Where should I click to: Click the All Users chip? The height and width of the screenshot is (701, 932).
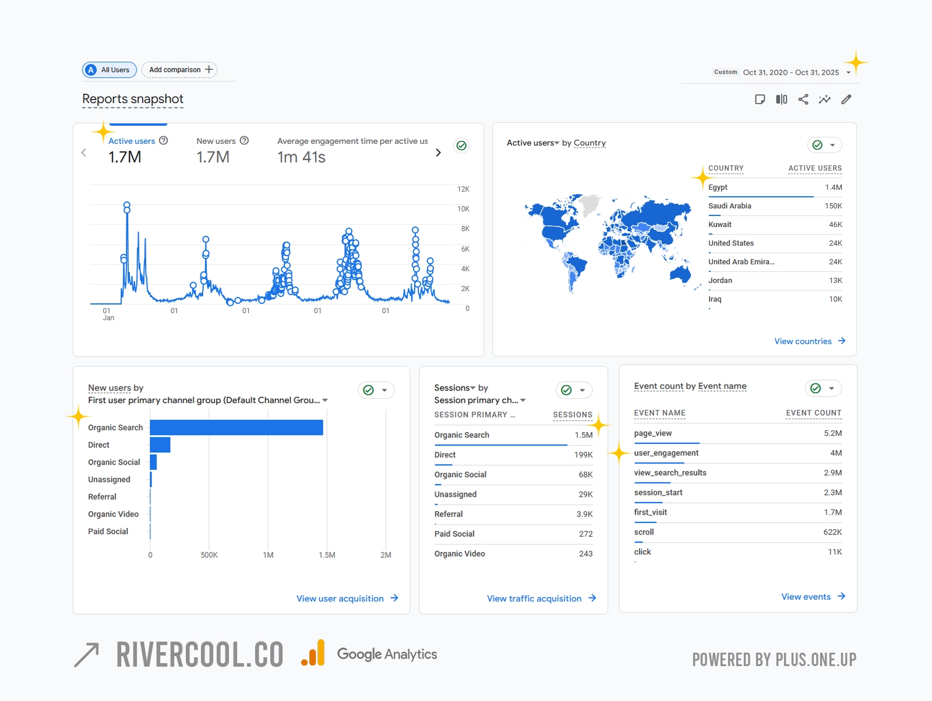110,70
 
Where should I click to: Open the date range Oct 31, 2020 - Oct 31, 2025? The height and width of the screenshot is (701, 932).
790,73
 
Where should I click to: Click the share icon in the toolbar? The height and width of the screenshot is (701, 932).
803,100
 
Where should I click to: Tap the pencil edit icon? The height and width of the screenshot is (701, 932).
846,100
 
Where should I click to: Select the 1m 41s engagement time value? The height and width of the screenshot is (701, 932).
301,157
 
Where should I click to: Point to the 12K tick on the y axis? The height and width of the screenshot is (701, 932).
463,189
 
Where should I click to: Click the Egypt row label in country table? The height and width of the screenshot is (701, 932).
718,187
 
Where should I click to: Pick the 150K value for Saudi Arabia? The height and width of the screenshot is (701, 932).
833,206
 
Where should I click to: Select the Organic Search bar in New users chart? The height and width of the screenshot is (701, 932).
236,427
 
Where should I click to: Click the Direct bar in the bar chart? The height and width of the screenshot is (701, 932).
160,445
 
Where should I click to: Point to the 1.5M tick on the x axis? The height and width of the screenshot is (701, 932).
327,555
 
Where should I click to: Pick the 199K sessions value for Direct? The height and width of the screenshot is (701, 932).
583,455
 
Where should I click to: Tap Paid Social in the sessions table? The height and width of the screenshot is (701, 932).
454,534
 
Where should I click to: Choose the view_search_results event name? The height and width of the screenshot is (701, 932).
670,473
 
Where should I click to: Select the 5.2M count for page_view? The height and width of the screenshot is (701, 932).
832,433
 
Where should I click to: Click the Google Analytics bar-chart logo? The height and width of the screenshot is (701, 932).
313,653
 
